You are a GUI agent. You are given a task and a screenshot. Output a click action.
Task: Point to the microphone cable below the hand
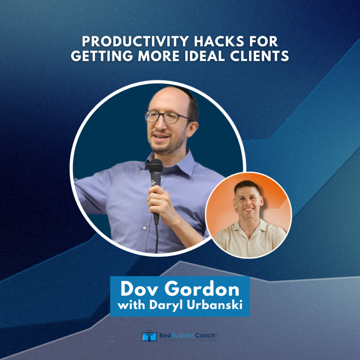tap(156, 239)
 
